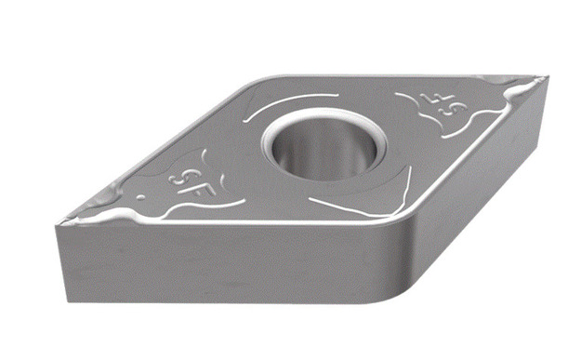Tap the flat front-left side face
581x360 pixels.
point(223,270)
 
